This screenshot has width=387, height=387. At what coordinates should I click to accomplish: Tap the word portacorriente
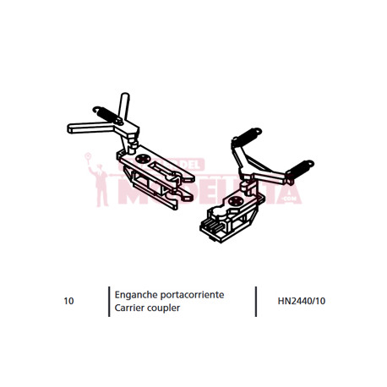pos(192,295)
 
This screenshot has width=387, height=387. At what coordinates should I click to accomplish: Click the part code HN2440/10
pos(302,301)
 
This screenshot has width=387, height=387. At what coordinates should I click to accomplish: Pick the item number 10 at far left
pos(68,301)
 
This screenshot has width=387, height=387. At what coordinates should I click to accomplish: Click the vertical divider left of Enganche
pos(109,302)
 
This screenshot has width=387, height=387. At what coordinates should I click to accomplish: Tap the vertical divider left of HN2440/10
pos(256,302)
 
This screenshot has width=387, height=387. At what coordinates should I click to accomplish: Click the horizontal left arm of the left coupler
pos(90,128)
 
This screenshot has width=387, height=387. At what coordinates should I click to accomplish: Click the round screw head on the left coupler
pos(143,159)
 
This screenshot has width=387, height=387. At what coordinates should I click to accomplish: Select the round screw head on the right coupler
pos(235,201)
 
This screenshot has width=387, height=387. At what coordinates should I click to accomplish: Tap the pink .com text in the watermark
pos(290,199)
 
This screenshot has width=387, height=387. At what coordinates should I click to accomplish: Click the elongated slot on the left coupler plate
pos(162,169)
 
